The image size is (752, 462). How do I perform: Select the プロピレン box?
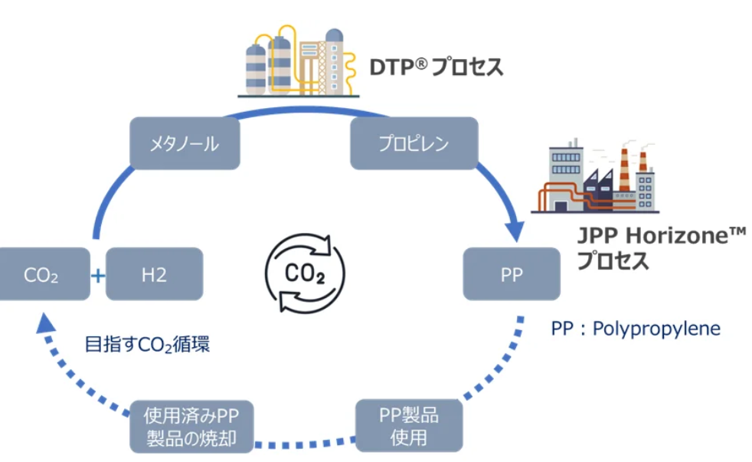pyautogui.click(x=414, y=143)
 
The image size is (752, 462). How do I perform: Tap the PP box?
pyautogui.click(x=512, y=274)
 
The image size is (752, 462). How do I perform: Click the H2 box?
pyautogui.click(x=154, y=274)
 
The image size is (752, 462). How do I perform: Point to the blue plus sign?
pyautogui.click(x=98, y=274)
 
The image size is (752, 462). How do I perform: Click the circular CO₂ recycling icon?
pyautogui.click(x=305, y=273)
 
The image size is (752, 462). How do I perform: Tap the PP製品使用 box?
pyautogui.click(x=409, y=426)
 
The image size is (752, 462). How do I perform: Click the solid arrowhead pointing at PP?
pyautogui.click(x=515, y=228)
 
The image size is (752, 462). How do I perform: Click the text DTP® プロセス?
pyautogui.click(x=436, y=67)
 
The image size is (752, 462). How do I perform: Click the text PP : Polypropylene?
pyautogui.click(x=636, y=329)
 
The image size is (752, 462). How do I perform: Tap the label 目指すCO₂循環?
pyautogui.click(x=147, y=345)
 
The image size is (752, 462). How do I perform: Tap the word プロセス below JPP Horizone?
pyautogui.click(x=613, y=262)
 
